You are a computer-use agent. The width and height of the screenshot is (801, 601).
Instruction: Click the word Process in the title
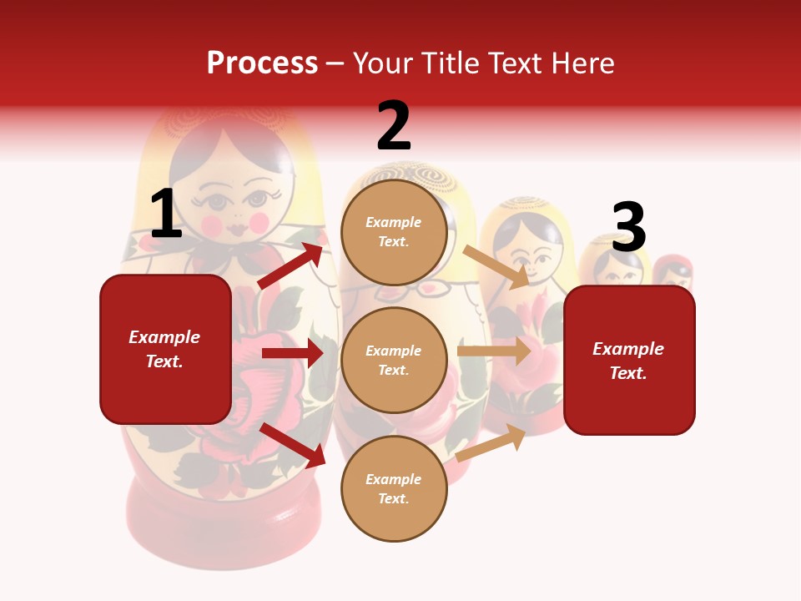click(262, 63)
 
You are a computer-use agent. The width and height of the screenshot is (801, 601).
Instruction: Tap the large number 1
click(166, 214)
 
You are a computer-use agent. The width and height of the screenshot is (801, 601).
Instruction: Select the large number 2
click(394, 126)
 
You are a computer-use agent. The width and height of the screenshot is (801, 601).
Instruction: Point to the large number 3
click(628, 227)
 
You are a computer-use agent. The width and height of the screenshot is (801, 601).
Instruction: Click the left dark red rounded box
click(165, 349)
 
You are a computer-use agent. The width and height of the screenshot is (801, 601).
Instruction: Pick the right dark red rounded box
click(629, 361)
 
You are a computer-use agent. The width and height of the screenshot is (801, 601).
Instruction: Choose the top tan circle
click(394, 232)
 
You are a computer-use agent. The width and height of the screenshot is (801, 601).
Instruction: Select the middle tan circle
click(394, 360)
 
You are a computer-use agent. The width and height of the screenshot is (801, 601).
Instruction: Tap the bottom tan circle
click(394, 488)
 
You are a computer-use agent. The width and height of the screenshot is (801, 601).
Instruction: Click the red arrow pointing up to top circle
click(291, 265)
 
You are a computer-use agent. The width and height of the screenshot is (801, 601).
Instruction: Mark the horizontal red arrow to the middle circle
click(292, 353)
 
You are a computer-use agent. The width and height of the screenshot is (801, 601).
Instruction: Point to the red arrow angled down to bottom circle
click(292, 445)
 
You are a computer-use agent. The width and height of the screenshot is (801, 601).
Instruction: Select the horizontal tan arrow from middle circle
click(494, 351)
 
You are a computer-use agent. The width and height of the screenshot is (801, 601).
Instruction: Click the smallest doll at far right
click(673, 274)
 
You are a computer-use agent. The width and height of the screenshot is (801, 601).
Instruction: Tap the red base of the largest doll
click(224, 526)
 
